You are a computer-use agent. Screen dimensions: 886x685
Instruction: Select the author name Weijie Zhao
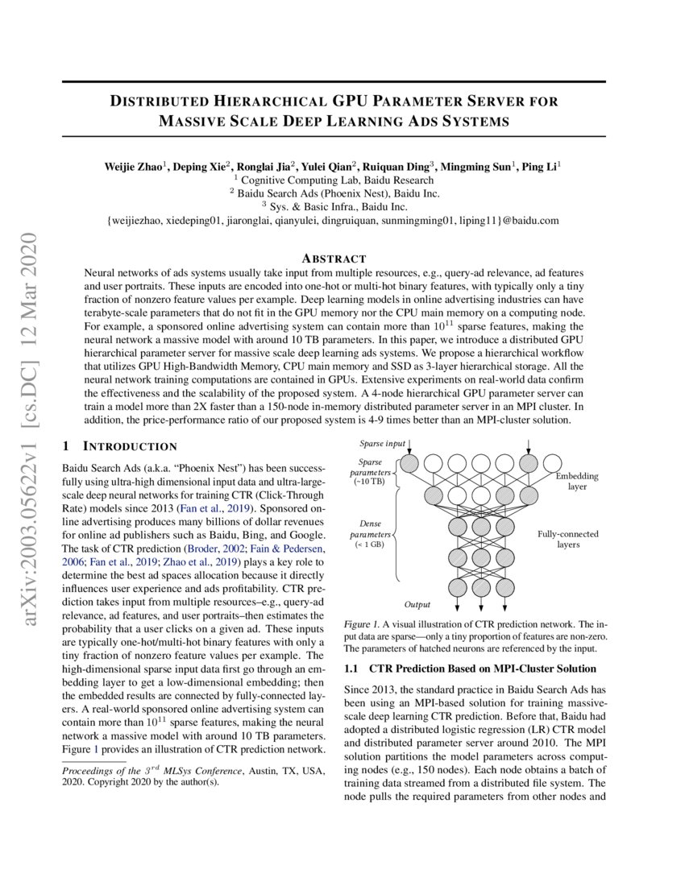[x=133, y=167]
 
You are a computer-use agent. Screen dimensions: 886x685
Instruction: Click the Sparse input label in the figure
[x=383, y=444]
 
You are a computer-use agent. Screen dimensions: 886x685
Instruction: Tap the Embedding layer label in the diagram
[x=577, y=482]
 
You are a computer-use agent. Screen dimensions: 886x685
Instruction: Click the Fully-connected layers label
[x=569, y=540]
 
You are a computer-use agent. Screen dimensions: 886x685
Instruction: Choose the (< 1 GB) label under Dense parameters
[x=371, y=544]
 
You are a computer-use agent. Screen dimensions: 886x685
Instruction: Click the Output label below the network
[x=417, y=604]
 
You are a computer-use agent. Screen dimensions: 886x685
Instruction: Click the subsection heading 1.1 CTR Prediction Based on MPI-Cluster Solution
[x=470, y=669]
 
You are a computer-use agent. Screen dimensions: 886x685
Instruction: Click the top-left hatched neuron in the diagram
[x=409, y=463]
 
